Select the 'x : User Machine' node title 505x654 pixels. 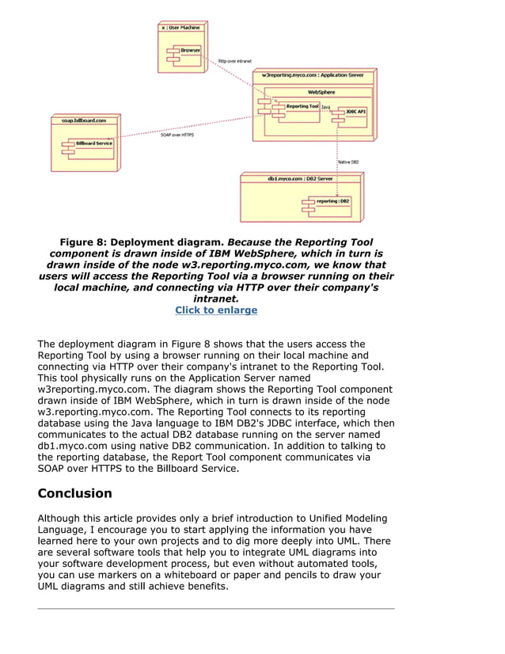(x=181, y=27)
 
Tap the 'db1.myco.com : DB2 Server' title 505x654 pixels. (x=300, y=180)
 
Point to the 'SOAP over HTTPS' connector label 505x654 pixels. (x=177, y=135)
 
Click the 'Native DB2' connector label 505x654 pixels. (x=348, y=162)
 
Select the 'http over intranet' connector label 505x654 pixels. (x=235, y=59)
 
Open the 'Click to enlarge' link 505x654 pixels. (x=216, y=310)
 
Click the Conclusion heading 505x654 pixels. (x=75, y=493)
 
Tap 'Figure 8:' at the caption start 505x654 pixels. (x=83, y=242)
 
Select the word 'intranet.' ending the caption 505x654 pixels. (x=216, y=299)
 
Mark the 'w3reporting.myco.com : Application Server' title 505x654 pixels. (x=313, y=75)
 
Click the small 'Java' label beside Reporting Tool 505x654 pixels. (x=325, y=106)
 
